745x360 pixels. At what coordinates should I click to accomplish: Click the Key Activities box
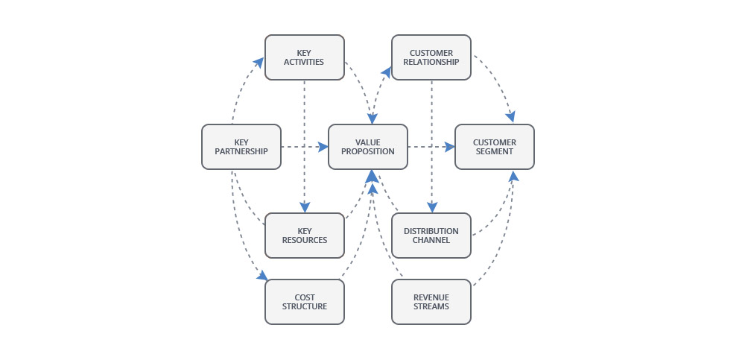tap(304, 57)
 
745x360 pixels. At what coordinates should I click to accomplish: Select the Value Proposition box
tap(368, 147)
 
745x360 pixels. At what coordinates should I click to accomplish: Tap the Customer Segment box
tap(495, 147)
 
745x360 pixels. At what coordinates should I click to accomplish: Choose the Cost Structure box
tap(304, 302)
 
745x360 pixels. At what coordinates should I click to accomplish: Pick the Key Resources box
tap(304, 236)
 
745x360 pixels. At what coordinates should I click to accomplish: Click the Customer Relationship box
tap(431, 57)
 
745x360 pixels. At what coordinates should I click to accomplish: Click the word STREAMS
tap(431, 306)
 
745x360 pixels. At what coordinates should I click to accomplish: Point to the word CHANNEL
tap(431, 240)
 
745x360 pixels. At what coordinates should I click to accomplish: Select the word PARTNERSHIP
tap(241, 151)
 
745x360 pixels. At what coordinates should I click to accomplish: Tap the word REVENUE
tap(431, 297)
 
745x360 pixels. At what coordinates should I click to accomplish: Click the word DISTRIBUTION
tap(431, 231)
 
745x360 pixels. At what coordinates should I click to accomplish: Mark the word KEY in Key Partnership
tap(241, 142)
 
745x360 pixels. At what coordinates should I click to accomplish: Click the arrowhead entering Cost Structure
tap(261, 276)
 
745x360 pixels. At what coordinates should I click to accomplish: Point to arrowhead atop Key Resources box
tap(304, 207)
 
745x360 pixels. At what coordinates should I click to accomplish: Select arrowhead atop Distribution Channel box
tap(431, 207)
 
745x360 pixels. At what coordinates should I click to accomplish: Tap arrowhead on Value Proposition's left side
tap(323, 147)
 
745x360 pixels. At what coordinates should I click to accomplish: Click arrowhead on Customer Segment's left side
tap(449, 147)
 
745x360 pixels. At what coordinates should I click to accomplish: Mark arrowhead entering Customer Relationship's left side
tap(386, 69)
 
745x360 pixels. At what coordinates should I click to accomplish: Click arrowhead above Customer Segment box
tap(511, 117)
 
